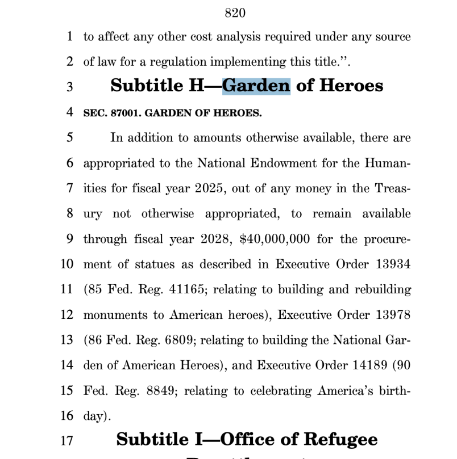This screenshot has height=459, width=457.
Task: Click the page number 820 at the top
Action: (x=235, y=12)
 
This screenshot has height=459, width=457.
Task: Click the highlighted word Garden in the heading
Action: (x=256, y=86)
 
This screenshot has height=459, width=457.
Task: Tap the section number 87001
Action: (x=123, y=113)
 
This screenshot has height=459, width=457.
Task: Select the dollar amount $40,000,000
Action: (x=275, y=239)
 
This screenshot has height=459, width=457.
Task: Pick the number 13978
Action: (x=393, y=314)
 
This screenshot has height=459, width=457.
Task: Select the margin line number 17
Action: (x=68, y=440)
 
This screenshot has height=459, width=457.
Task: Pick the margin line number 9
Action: (x=69, y=239)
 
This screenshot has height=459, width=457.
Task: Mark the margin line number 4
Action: (x=69, y=112)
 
